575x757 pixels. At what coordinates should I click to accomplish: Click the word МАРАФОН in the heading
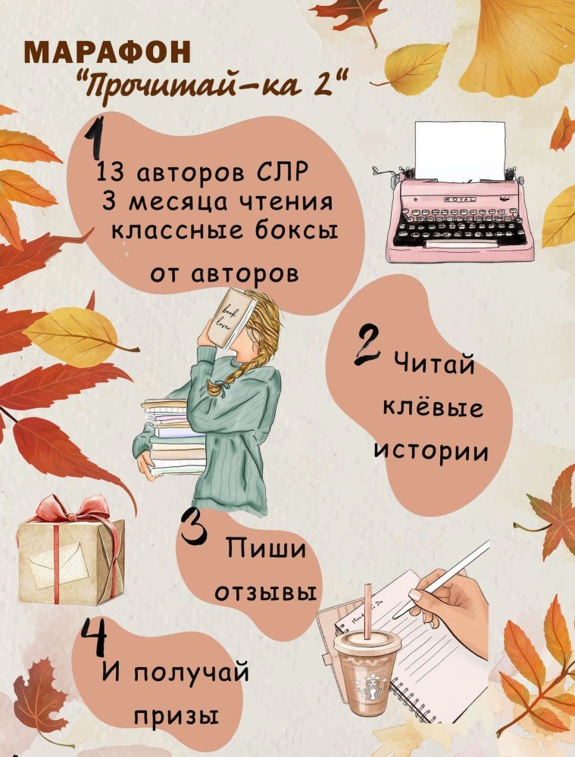pyautogui.click(x=107, y=52)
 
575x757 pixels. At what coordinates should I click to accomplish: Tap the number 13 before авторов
pyautogui.click(x=110, y=173)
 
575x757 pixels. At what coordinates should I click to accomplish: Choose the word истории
pyautogui.click(x=432, y=452)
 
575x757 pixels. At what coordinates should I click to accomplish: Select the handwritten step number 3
pyautogui.click(x=195, y=528)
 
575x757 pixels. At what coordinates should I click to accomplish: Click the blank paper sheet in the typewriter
pyautogui.click(x=460, y=151)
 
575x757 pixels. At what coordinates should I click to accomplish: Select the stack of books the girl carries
pyautogui.click(x=175, y=437)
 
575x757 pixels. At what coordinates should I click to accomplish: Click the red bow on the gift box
pyautogui.click(x=77, y=510)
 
